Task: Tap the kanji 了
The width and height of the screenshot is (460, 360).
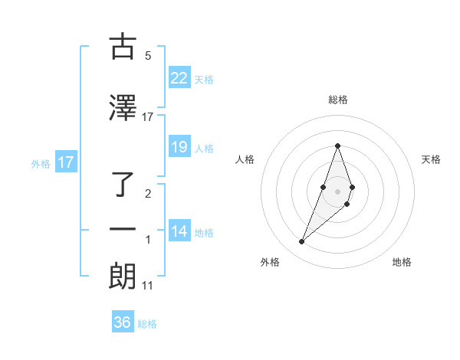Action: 123,185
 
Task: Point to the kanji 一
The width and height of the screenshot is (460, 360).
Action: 123,230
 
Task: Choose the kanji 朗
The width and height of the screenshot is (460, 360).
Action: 123,277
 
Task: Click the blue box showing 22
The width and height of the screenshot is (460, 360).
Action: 179,78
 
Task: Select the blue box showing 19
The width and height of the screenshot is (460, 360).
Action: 179,147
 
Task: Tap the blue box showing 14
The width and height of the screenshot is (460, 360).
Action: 179,231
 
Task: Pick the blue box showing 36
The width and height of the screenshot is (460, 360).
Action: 122,322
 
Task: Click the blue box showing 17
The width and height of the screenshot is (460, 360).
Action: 65,162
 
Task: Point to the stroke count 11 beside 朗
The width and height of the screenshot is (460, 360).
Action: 148,286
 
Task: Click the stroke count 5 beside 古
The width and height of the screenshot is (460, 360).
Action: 148,55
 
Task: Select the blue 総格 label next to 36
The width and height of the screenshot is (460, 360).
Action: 147,324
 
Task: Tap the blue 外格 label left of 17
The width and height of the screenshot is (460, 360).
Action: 40,163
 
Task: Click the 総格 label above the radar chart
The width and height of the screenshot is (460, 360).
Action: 337,100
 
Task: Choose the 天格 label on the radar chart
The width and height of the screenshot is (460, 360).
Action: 431,159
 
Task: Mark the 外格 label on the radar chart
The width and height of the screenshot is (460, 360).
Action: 270,262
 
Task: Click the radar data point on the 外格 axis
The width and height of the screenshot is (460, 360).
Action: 301,242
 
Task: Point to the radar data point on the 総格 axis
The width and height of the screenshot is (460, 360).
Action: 337,146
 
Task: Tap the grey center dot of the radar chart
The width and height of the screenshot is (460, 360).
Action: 337,191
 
